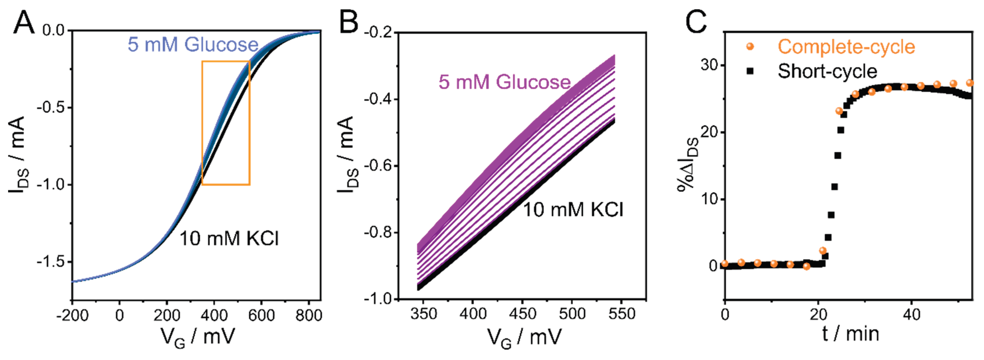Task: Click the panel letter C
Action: click(696, 22)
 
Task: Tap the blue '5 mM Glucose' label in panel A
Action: click(193, 45)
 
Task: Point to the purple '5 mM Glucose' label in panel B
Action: click(504, 82)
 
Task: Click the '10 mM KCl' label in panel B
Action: click(573, 210)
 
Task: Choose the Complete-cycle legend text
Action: click(846, 47)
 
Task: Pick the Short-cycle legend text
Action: click(827, 71)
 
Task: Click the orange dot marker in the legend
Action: click(750, 47)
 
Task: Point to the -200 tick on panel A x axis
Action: click(72, 316)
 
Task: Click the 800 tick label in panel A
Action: click(309, 316)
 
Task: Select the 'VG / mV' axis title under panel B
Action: click(524, 337)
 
